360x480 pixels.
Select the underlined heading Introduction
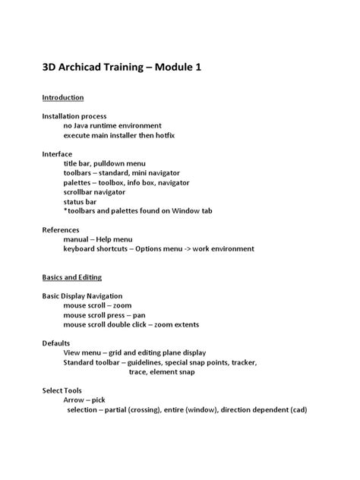click(62, 98)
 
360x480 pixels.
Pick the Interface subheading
click(57, 154)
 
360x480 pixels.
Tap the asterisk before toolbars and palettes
click(65, 211)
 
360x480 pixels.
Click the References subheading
click(61, 229)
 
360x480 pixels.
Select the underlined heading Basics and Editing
click(71, 277)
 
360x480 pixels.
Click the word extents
click(183, 324)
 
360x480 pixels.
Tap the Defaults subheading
click(56, 343)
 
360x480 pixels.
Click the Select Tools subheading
click(62, 390)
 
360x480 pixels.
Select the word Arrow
click(74, 400)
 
